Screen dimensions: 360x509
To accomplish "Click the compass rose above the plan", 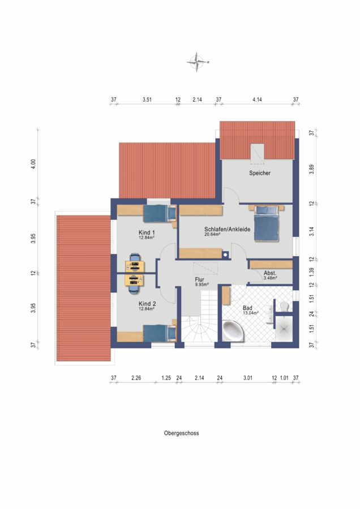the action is point(197,62).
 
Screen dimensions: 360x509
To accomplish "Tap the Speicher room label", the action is point(260,173).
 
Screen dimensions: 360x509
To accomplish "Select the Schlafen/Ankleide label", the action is point(227,229).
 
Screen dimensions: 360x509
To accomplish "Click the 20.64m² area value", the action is point(212,234).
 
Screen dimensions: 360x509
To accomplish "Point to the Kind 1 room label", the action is point(147,232).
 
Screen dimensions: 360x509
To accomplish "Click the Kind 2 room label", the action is point(147,304).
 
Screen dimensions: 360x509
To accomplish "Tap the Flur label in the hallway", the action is point(199,279).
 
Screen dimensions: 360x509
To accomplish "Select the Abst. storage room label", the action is point(270,273).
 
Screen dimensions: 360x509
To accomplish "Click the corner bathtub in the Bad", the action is point(233,331).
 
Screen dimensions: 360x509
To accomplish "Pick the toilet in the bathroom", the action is point(284,306).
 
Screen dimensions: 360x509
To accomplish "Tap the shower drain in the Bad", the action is point(284,329).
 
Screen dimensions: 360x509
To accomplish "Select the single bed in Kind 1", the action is point(160,213).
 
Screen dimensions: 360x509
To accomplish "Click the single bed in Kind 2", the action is point(160,333).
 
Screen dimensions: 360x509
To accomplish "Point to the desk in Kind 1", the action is point(135,266).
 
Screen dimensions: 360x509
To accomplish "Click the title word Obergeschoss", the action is point(181,433).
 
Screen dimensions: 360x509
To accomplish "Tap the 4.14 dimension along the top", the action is point(257,100).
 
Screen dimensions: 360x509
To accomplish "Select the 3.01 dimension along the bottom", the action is point(247,378).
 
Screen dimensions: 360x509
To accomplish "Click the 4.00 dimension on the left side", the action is point(33,163).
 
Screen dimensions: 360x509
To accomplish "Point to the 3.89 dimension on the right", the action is point(311,170).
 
